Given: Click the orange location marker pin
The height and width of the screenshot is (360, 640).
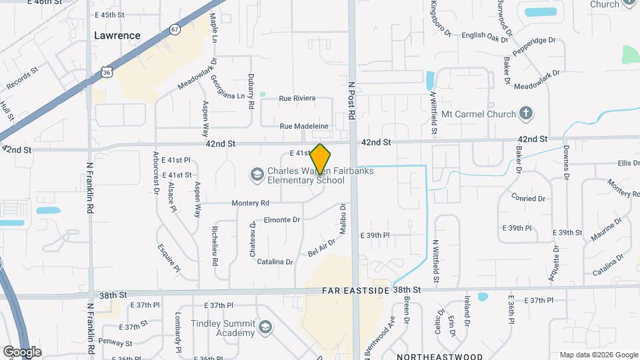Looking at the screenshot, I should pyautogui.click(x=321, y=160).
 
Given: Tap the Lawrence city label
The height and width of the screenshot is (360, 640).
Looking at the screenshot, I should pyautogui.click(x=117, y=35).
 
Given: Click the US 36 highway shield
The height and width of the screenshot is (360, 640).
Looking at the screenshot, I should pyautogui.click(x=107, y=71).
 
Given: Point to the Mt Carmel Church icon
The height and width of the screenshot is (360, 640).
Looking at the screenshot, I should pyautogui.click(x=526, y=114).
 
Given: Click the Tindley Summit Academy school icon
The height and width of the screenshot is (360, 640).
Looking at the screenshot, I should pyautogui.click(x=265, y=327).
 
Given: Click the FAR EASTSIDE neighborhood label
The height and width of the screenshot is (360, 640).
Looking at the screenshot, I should pyautogui.click(x=355, y=291).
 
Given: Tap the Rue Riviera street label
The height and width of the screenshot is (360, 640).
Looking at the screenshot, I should pyautogui.click(x=297, y=99).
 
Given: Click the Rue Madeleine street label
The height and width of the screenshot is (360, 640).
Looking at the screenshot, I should pyautogui.click(x=304, y=126).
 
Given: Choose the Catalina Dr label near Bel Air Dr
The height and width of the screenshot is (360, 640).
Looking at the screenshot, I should pyautogui.click(x=275, y=262).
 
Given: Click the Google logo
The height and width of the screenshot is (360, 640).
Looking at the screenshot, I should pyautogui.click(x=22, y=351).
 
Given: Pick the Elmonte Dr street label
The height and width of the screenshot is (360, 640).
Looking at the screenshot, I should pyautogui.click(x=282, y=219).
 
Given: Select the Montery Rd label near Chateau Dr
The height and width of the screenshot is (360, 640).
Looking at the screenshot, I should pyautogui.click(x=250, y=203).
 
